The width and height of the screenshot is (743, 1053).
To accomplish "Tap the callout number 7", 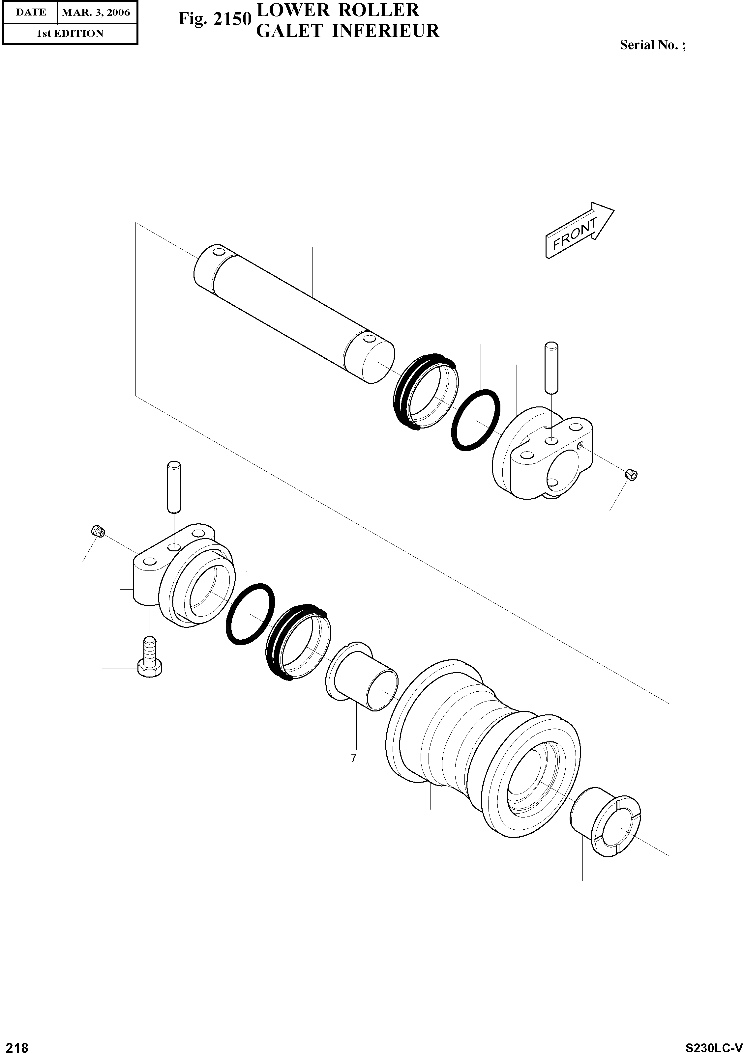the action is (353, 758).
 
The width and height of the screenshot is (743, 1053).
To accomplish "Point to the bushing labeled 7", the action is (363, 677).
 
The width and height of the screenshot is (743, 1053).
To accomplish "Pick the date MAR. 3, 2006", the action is (96, 13).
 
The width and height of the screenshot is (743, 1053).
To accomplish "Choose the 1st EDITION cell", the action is (70, 34).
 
